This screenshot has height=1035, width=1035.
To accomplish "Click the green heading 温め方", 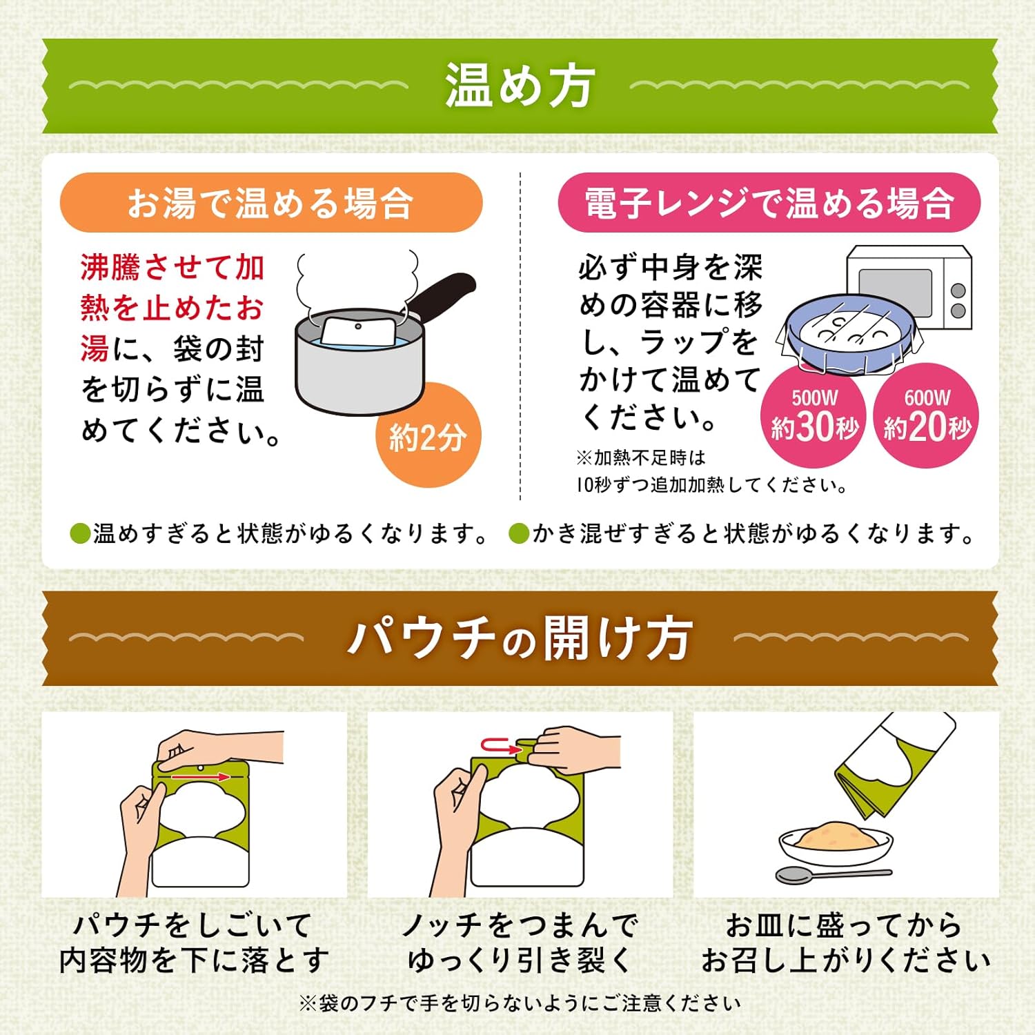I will coord(519,86).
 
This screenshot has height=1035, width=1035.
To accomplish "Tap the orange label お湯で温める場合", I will coord(270,203).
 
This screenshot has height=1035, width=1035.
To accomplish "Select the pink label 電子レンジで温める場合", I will coord(769,203).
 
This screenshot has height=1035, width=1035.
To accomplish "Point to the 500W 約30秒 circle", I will coord(814,416).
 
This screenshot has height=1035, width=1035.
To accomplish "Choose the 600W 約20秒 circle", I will coord(927,416).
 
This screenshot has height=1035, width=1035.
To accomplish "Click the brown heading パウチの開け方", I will coord(519,638).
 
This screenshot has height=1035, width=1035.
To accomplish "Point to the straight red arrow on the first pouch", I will coord(200,777).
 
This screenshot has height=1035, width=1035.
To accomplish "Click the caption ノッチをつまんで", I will coord(519,925).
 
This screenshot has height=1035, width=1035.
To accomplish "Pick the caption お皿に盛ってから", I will coord(843,925).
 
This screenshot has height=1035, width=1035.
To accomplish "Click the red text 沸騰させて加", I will coord(172,268).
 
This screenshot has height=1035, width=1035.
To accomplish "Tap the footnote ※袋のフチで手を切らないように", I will coord(519,1003).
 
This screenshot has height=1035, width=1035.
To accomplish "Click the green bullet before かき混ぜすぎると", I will coord(518,533).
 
